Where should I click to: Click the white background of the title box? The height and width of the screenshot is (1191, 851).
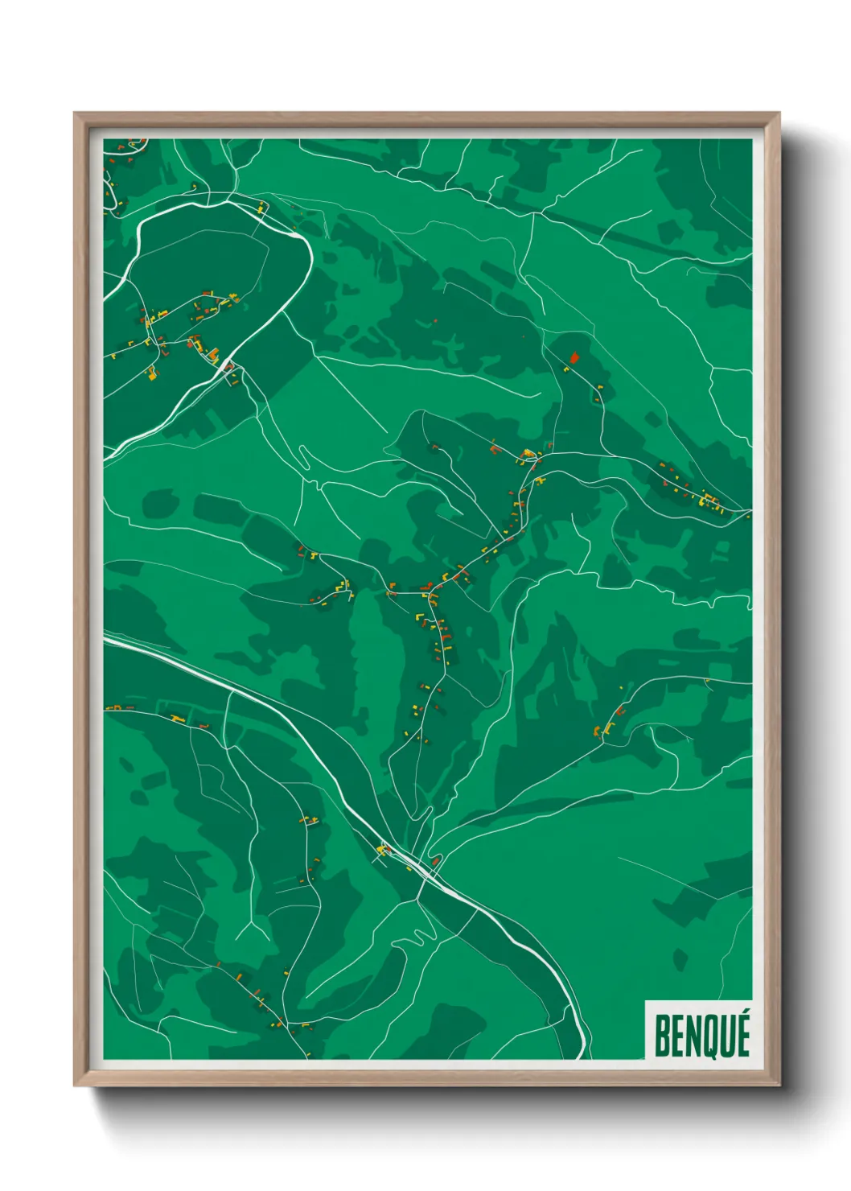tap(698, 1007)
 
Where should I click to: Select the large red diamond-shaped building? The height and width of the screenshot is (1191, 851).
tap(573, 357)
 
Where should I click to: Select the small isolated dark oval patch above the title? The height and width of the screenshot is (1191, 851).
tap(680, 959)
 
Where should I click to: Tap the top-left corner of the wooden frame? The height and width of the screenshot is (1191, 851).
tap(76, 115)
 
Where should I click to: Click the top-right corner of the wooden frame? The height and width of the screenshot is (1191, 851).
tap(777, 115)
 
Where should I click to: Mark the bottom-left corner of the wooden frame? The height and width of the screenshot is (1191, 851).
tap(76, 1083)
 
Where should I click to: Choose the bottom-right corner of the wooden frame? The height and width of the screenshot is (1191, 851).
tap(777, 1083)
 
